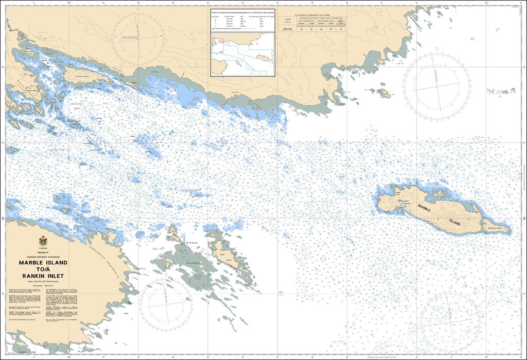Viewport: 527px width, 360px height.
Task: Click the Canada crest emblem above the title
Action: coord(43,241)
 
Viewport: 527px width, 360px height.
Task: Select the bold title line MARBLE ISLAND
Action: coord(43,262)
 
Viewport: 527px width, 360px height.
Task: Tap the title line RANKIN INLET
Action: coord(43,276)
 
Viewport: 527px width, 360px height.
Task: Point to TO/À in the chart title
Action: coord(43,269)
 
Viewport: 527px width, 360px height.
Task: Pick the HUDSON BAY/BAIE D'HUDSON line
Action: coord(43,256)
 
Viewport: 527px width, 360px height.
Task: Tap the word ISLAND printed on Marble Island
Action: coord(454,223)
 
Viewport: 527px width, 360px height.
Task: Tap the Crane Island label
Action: coord(222,254)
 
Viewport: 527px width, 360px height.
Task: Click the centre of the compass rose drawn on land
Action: coord(137,37)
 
